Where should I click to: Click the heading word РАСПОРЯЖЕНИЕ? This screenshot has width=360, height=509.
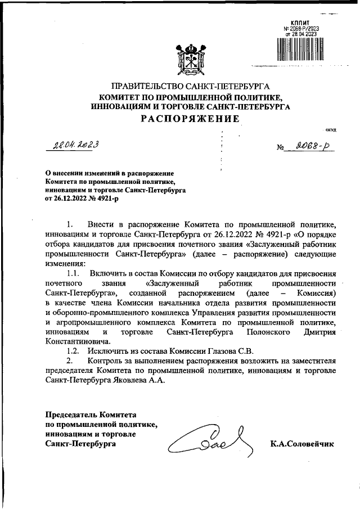191,119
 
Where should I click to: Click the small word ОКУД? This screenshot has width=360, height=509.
331,130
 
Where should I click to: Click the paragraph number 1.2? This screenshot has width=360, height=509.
74,352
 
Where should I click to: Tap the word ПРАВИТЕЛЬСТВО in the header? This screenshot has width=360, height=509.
146,87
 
